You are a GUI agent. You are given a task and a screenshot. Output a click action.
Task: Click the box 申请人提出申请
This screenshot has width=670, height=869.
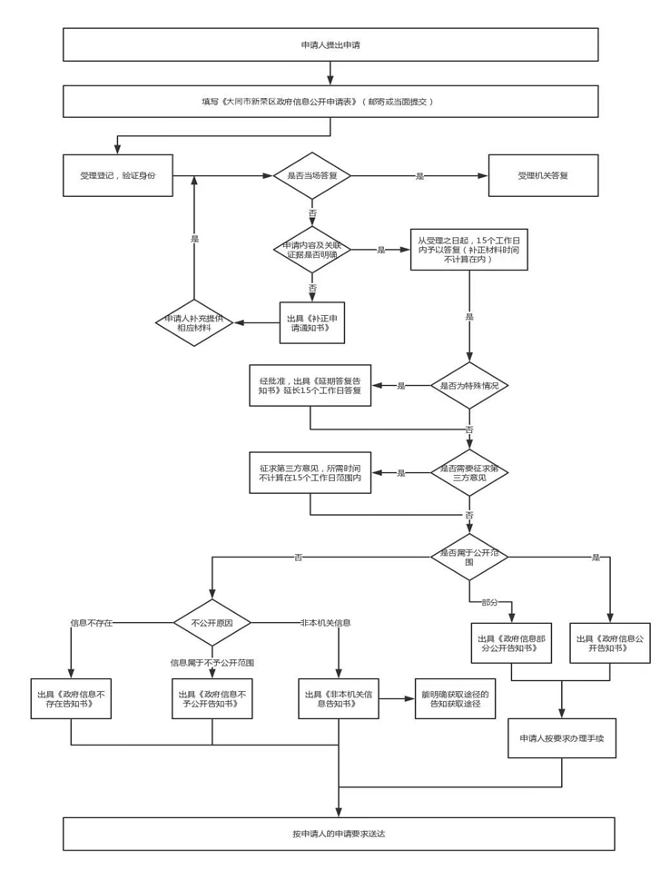click(330, 44)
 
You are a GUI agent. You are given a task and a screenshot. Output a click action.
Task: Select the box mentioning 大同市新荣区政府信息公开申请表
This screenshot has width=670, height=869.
click(330, 101)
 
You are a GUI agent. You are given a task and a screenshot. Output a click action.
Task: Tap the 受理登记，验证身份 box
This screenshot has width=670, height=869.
click(117, 175)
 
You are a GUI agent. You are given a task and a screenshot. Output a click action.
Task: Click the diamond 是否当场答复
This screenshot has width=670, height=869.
click(312, 175)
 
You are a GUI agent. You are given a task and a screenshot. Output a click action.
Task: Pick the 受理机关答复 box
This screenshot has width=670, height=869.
click(543, 175)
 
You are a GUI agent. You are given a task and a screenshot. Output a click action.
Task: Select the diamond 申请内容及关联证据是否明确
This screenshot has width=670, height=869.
click(312, 250)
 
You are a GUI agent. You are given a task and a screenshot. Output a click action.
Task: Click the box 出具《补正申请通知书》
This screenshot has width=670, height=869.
click(312, 323)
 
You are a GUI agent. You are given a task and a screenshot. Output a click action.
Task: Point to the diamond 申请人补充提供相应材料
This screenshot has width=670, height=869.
click(195, 322)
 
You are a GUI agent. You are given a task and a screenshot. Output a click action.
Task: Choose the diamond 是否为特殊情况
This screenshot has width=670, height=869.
click(469, 386)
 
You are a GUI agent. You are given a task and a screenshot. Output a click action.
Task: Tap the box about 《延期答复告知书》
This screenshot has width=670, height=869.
click(310, 386)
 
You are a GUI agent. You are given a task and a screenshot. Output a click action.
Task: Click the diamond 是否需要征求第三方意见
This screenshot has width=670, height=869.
click(469, 472)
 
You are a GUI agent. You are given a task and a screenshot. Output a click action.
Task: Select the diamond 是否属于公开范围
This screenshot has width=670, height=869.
click(469, 557)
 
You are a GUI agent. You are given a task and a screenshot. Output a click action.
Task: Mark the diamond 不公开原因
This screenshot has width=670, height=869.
click(212, 623)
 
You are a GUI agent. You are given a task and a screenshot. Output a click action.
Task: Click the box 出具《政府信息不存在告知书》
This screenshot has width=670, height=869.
click(71, 698)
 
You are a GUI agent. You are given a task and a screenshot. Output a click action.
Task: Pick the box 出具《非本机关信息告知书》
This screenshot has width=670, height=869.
click(339, 698)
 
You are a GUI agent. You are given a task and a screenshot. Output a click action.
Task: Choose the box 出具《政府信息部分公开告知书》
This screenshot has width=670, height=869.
click(511, 643)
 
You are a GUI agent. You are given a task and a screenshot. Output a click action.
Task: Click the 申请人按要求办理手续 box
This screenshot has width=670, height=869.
click(562, 738)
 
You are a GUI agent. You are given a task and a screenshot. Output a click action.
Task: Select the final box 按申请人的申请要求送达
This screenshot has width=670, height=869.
click(339, 834)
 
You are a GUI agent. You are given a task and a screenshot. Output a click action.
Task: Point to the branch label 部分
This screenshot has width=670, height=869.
click(490, 602)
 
